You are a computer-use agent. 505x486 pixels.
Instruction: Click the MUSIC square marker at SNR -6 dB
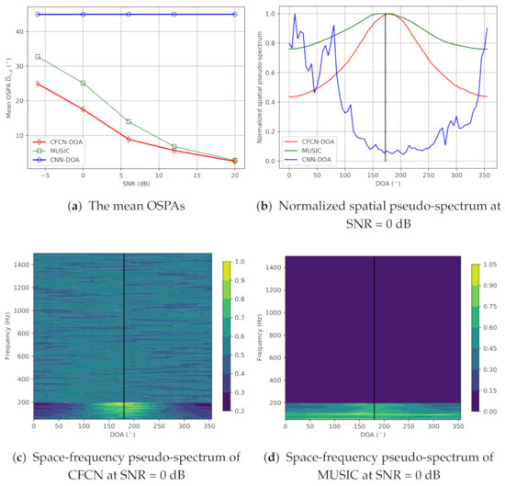click(x=38, y=57)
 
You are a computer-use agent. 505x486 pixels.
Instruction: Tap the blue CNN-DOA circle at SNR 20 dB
click(x=235, y=15)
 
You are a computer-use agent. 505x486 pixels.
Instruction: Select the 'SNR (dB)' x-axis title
click(x=136, y=183)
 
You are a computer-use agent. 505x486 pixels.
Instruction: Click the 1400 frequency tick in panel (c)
click(x=22, y=265)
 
